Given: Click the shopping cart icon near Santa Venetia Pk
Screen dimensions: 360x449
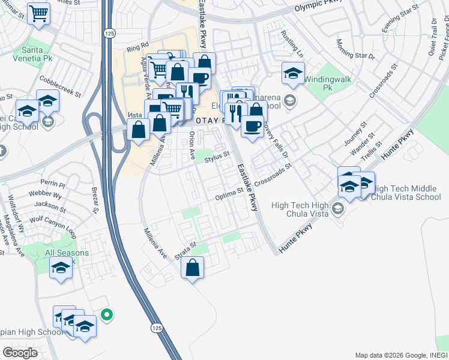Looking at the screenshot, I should click(38, 13).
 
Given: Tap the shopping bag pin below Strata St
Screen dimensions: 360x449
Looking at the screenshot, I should click(193, 268).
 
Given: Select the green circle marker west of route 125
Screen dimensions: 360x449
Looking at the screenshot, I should click(107, 314).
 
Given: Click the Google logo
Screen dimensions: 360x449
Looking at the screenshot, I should click(20, 353).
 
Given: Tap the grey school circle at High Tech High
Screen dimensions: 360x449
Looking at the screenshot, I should click(338, 209).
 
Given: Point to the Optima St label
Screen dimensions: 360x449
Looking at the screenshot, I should click(229, 194).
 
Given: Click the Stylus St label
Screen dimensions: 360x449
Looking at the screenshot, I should click(217, 157).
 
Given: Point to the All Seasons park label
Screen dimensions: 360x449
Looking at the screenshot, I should click(67, 253).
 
